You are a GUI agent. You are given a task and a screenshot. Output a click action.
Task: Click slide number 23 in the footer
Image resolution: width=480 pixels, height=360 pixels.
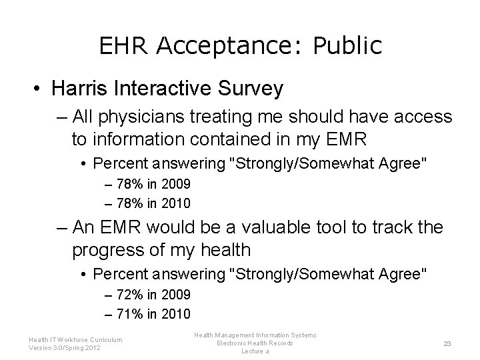[x=448, y=344]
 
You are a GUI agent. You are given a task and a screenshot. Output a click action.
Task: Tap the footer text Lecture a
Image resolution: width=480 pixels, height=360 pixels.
[x=255, y=351]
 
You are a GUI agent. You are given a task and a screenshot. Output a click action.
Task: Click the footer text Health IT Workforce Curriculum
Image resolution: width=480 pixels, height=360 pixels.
[x=76, y=339]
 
